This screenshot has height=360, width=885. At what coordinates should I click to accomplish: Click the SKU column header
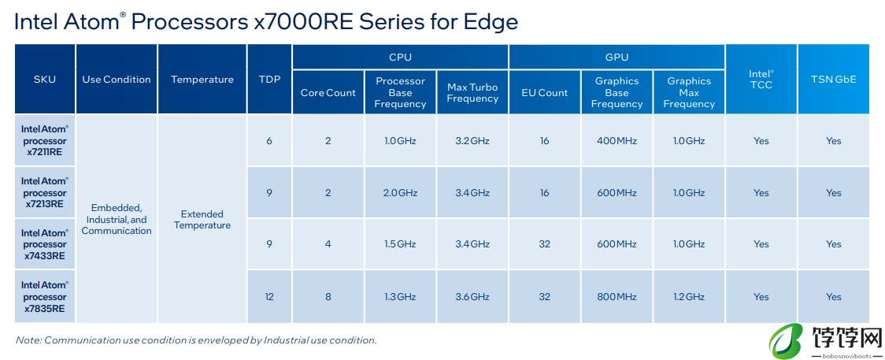click(45, 79)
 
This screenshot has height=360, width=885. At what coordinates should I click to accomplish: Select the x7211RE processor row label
click(45, 140)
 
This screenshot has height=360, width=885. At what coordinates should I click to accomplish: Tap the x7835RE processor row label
click(45, 297)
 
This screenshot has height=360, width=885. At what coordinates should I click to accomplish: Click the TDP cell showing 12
click(269, 297)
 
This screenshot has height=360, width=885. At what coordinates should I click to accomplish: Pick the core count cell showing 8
click(328, 297)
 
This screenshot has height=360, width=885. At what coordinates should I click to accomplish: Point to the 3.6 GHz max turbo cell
click(472, 297)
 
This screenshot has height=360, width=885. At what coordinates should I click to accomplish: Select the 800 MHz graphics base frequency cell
click(617, 297)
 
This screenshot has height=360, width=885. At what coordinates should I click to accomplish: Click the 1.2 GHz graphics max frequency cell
click(689, 297)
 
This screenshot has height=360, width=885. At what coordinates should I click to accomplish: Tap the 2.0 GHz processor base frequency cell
click(400, 192)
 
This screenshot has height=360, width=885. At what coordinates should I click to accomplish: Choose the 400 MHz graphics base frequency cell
click(617, 140)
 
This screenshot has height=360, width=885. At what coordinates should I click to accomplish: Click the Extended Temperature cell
click(202, 220)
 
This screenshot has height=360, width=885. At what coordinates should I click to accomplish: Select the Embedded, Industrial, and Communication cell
click(117, 220)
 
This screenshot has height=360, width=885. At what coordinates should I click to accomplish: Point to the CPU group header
click(400, 57)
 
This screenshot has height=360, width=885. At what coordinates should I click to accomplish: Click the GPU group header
click(617, 57)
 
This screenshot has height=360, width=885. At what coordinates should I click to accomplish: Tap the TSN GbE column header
click(834, 79)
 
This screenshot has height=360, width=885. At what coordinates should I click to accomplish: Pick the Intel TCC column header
click(761, 79)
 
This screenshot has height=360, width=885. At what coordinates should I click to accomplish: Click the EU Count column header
click(545, 92)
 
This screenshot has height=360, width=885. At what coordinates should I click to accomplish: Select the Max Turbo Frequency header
click(472, 92)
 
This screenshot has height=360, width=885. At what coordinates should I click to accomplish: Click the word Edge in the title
click(491, 23)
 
